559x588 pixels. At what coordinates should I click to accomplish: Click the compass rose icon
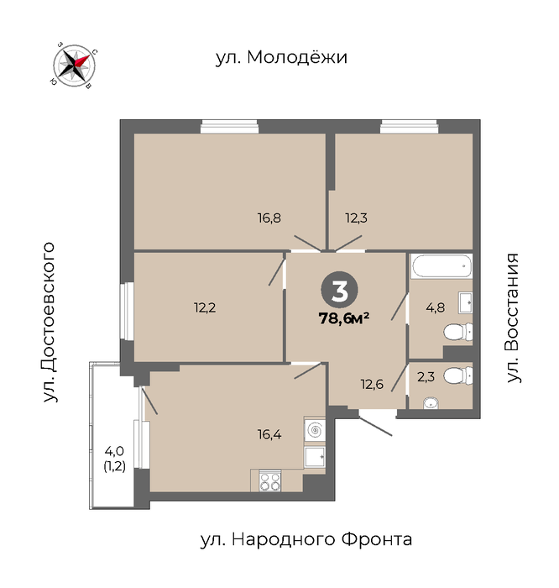74,66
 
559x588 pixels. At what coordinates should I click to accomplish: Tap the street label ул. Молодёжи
281,57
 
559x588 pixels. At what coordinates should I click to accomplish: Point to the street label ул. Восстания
513,318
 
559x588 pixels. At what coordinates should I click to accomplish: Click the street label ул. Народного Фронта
306,539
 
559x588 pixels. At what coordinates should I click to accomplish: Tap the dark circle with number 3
339,290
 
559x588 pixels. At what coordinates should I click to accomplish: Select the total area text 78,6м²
344,318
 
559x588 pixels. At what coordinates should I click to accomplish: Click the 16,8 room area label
269,218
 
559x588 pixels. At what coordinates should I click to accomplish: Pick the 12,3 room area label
357,218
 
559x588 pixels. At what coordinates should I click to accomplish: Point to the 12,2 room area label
205,308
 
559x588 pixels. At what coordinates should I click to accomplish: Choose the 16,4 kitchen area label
269,434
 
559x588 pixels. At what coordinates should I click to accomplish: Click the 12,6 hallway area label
372,385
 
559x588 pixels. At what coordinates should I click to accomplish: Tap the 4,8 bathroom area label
436,308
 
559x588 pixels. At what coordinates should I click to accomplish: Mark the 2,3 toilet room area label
426,376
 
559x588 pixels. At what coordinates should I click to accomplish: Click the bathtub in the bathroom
441,266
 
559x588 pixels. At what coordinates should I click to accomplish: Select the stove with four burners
269,480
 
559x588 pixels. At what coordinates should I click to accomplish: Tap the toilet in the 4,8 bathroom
457,333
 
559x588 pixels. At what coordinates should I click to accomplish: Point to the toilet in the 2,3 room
457,375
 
